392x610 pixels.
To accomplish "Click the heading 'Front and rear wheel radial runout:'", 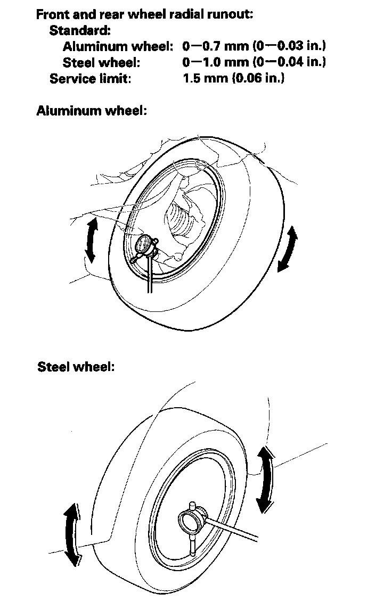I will coord(144,14).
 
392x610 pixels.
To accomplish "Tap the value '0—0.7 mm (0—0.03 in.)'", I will coord(254,46).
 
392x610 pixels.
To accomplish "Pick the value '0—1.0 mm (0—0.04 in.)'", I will coord(254,62).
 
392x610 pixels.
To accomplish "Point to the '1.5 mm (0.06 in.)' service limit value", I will coord(233,78).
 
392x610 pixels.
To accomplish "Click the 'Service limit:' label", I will coord(90,78).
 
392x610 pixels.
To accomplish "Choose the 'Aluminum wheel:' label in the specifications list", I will coord(118,46).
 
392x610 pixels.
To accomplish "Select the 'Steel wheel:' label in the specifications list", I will coord(101,62).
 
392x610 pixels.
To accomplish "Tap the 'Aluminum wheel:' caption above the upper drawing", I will coord(91,111).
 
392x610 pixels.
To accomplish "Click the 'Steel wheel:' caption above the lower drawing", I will coord(76,367).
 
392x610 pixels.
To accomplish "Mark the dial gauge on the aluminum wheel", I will coord(145,245).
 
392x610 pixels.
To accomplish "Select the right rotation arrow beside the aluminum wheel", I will coord(288,249).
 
